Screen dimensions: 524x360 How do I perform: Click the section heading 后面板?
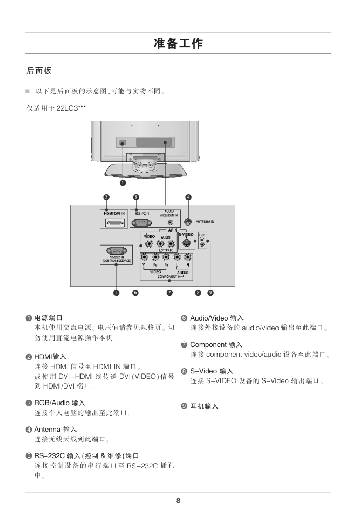click(x=39, y=71)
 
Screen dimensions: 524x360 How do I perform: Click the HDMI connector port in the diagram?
click(x=114, y=222)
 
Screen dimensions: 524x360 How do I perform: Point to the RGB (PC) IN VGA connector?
click(x=141, y=222)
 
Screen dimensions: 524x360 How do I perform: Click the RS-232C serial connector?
click(x=116, y=250)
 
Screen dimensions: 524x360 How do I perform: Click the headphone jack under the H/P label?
click(x=202, y=244)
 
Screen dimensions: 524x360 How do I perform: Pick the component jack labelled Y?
click(x=144, y=257)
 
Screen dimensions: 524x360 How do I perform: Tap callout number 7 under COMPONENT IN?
click(x=169, y=292)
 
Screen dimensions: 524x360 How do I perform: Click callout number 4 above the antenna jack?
click(x=188, y=197)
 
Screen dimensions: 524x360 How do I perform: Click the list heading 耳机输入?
click(x=204, y=406)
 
